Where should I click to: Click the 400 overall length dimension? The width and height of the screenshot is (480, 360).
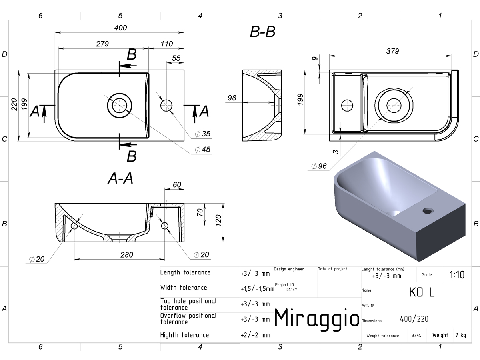[120, 28]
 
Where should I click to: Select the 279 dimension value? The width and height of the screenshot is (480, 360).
[102, 44]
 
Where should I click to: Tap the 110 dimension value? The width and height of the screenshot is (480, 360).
[167, 44]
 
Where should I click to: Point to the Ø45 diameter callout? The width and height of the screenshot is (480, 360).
[202, 150]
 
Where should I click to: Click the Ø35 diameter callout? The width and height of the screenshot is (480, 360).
[202, 134]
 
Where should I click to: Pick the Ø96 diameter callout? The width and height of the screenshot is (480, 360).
[319, 166]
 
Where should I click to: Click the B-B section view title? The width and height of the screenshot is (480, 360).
[262, 32]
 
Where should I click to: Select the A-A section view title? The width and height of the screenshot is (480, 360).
[120, 178]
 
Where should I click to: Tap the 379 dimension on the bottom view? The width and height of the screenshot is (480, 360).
[392, 51]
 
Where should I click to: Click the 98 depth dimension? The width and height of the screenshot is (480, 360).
[232, 98]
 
